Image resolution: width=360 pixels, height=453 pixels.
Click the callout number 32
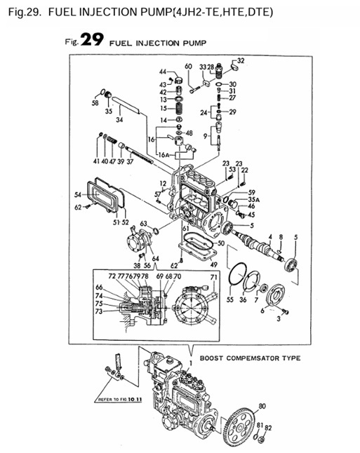click(241, 61)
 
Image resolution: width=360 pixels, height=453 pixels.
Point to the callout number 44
click(162, 72)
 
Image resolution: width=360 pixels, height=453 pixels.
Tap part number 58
click(95, 102)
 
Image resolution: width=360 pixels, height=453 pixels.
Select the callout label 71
click(213, 278)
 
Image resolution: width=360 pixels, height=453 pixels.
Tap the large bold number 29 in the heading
click(93, 41)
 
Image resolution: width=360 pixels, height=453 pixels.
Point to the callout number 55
click(229, 299)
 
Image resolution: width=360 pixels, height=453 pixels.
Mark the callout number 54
click(77, 194)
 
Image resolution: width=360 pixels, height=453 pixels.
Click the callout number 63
click(143, 224)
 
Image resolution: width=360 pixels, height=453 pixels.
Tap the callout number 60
click(188, 67)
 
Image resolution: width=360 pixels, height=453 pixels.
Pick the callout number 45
click(251, 215)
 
